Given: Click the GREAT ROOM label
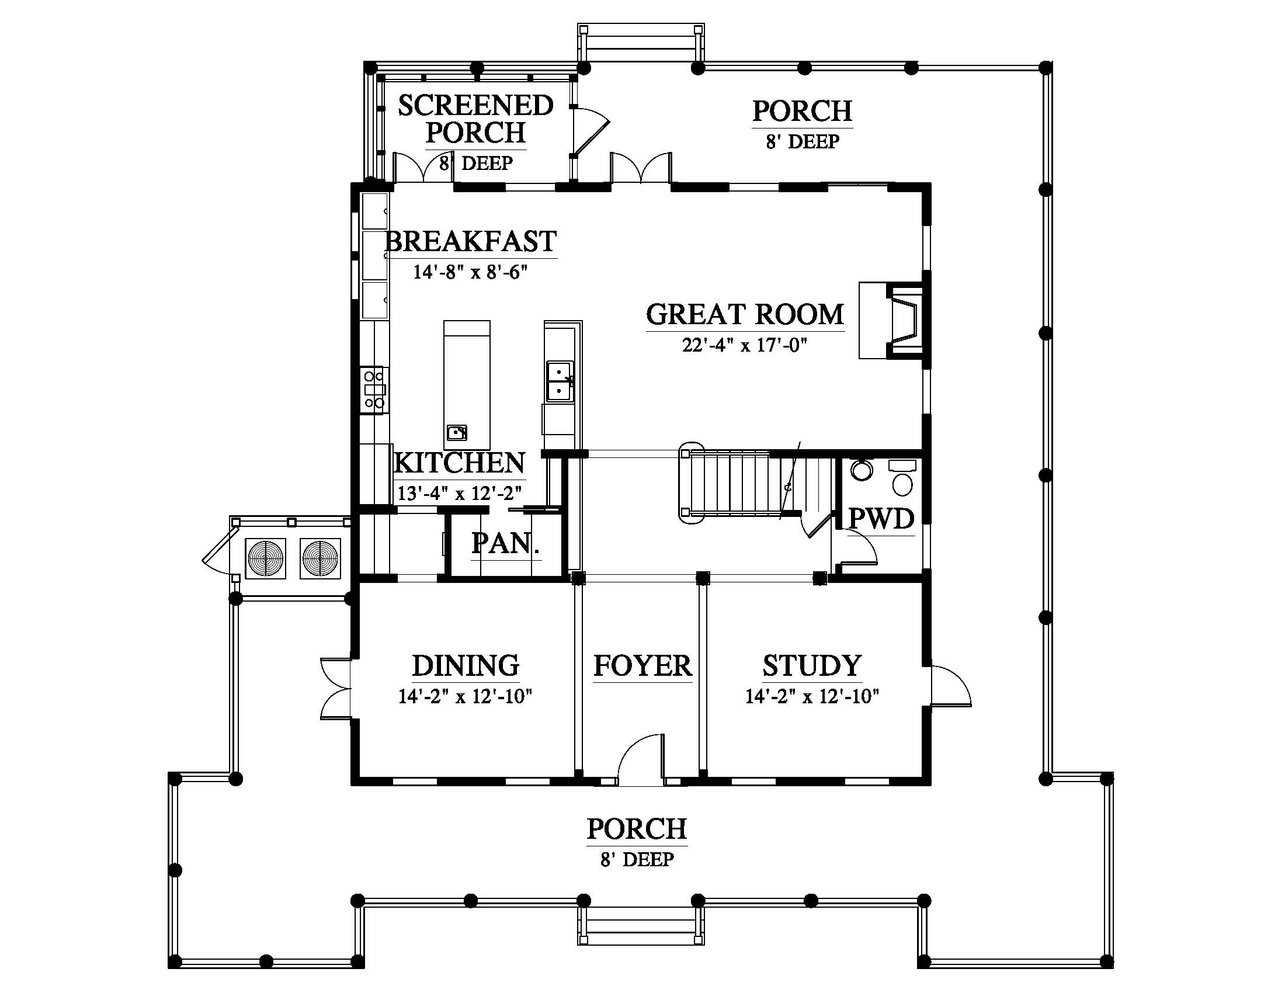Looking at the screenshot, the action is pos(745,314).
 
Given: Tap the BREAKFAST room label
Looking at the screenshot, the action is pos(471,241).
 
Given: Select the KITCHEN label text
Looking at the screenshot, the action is pos(459,463).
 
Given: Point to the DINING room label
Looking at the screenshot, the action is pos(466,666).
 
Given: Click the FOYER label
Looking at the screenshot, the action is pos(642,666).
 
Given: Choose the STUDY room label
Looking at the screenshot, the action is pos(812,666).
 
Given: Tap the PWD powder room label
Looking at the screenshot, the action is pos(881,519).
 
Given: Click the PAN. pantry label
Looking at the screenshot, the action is pos(506,544).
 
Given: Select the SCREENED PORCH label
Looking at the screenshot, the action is pos(475,119).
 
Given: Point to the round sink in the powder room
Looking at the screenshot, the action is pos(862,471).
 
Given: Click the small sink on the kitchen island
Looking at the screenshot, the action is pos(457,432).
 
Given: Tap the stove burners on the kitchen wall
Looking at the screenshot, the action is pos(374,389).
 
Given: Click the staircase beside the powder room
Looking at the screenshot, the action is pos(759,486).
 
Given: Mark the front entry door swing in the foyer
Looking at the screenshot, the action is pos(641,759).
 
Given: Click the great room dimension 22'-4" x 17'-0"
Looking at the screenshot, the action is pos(744,345).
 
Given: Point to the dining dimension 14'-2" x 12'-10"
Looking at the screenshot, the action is pos(466,696).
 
